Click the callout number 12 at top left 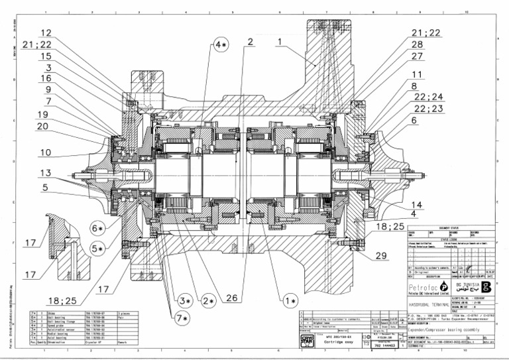46,32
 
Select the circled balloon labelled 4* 221,44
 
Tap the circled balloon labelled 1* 290,300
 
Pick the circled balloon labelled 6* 97,228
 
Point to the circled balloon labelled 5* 97,249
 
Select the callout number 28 418,44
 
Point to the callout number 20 43,126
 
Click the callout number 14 417,205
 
